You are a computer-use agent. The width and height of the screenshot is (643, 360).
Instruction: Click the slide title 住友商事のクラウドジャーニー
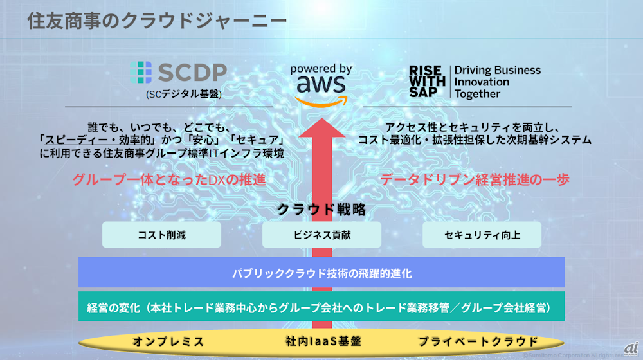[157, 21]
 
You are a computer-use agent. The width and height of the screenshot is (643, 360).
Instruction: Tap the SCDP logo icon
[140, 74]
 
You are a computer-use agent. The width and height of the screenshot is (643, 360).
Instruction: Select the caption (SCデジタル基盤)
[183, 94]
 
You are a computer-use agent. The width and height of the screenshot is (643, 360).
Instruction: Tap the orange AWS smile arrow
[320, 100]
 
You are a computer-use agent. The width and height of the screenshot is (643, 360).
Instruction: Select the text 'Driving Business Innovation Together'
[497, 82]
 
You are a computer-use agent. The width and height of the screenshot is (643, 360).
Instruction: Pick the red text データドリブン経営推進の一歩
[475, 180]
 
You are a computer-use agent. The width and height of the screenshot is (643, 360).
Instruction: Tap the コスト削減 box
[161, 235]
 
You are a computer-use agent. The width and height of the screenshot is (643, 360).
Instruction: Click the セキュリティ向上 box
[482, 235]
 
